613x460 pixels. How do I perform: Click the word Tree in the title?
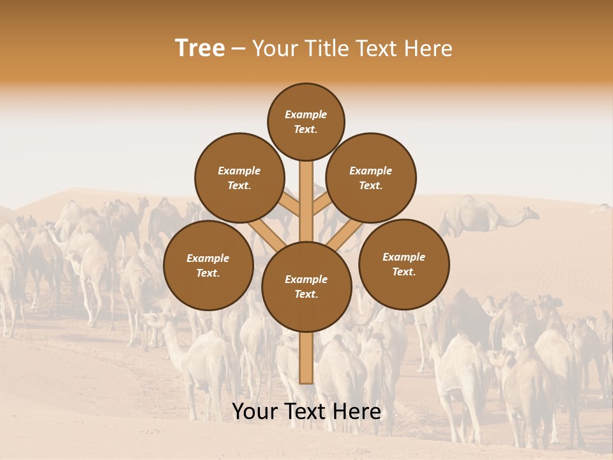tap(200, 49)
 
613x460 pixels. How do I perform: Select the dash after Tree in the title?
tap(238, 49)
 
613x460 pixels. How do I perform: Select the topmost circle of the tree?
tap(306, 121)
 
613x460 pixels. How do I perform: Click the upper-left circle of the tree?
tap(239, 178)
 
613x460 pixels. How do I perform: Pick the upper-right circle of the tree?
tap(370, 178)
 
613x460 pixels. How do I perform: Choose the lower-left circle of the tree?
tap(208, 265)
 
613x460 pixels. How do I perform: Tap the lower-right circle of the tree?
tap(404, 264)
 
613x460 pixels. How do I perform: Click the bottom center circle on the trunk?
tap(306, 286)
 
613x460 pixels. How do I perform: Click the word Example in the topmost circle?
tap(306, 114)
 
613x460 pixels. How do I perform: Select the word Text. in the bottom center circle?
tap(306, 294)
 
